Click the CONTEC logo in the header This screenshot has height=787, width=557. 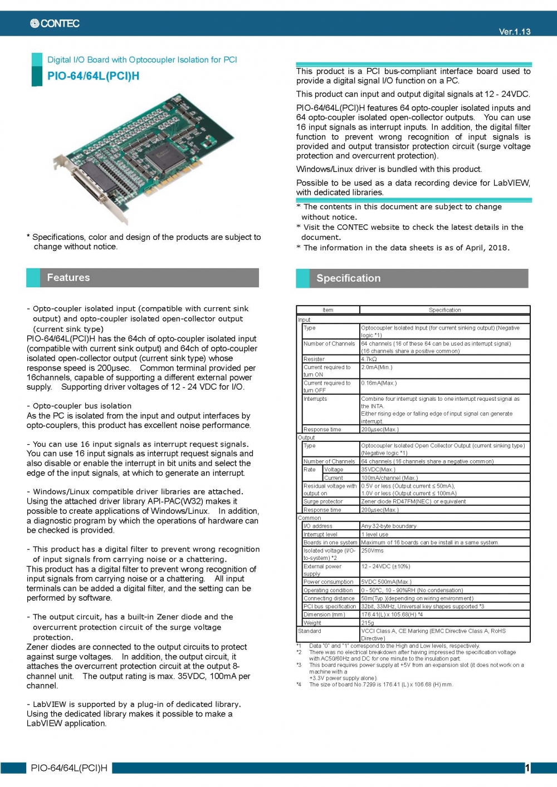pyautogui.click(x=55, y=23)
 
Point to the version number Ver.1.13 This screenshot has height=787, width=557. pyautogui.click(x=514, y=32)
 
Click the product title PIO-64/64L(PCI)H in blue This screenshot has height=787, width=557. pyautogui.click(x=93, y=76)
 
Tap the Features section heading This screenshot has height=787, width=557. pyautogui.click(x=68, y=278)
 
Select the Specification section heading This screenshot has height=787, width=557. pyautogui.click(x=348, y=278)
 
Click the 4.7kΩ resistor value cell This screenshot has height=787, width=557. pyautogui.click(x=369, y=360)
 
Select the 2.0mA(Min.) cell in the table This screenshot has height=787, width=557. pyautogui.click(x=377, y=367)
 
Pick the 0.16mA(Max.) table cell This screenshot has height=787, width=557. pyautogui.click(x=379, y=383)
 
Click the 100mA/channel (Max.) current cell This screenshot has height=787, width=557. pyautogui.click(x=389, y=478)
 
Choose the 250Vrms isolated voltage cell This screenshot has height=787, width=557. pyautogui.click(x=372, y=551)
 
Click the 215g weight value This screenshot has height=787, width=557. pyautogui.click(x=368, y=623)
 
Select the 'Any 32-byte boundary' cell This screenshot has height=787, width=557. pyautogui.click(x=388, y=526)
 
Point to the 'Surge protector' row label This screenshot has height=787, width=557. pyautogui.click(x=323, y=502)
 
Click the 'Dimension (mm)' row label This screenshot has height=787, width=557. pyautogui.click(x=324, y=615)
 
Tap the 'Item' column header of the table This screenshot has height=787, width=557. pyautogui.click(x=328, y=310)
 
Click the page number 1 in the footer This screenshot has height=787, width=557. pyautogui.click(x=527, y=768)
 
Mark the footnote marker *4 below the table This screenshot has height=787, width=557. pyautogui.click(x=299, y=685)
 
